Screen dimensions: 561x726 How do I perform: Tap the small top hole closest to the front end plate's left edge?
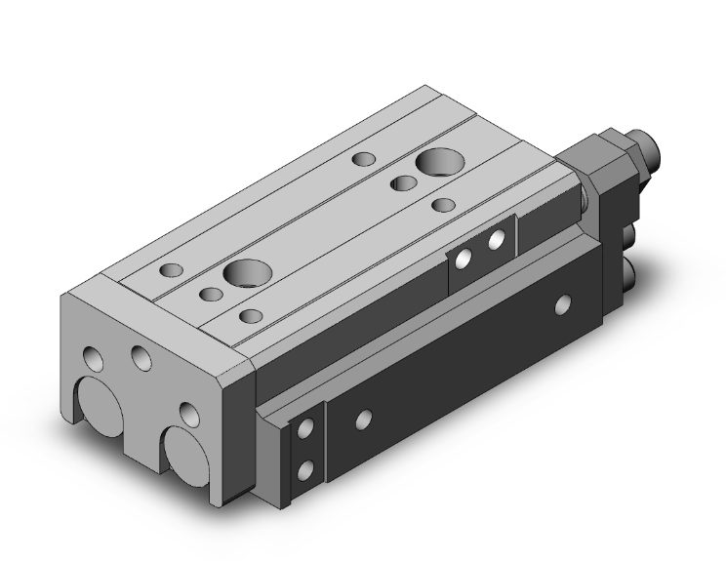[173, 270]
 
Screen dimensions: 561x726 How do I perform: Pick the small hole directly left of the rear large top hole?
[401, 182]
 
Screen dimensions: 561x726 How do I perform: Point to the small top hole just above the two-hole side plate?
[443, 205]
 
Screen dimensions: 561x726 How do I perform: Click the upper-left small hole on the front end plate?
[95, 358]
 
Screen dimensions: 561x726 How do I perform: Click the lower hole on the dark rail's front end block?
[307, 469]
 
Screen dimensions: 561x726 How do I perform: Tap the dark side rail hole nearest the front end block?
[363, 420]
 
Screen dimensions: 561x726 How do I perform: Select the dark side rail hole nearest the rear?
[562, 304]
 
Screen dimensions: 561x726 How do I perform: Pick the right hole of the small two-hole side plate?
[497, 239]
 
